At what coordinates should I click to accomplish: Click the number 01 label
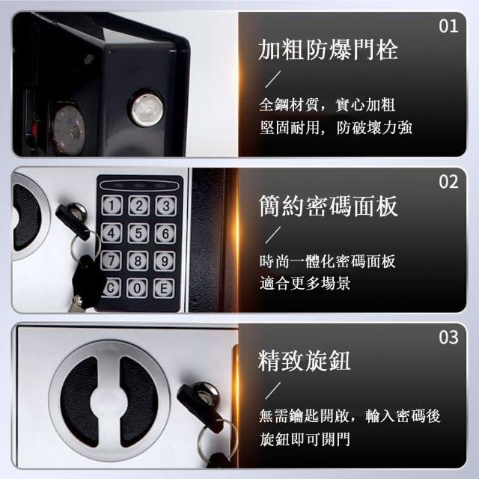[x=448, y=26]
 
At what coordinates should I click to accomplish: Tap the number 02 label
[x=448, y=182]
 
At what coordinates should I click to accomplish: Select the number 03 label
[x=448, y=338]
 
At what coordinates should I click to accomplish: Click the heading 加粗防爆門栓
[x=328, y=50]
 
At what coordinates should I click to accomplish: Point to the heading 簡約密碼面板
[x=328, y=206]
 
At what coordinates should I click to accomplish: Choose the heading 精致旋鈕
[x=305, y=361]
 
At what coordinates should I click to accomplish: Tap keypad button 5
[x=138, y=234]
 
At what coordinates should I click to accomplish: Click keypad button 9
[x=165, y=261]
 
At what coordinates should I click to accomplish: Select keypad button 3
[x=166, y=206]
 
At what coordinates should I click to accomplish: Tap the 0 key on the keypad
[x=137, y=288]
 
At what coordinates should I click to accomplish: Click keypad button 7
[x=111, y=260]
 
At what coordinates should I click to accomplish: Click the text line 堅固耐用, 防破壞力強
[x=336, y=127]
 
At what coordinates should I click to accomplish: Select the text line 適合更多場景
[x=305, y=283]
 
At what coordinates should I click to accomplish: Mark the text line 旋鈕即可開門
[x=305, y=439]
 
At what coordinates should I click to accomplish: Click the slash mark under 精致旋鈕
[x=272, y=391]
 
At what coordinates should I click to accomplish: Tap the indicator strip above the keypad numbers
[x=139, y=186]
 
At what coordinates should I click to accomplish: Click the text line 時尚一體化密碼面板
[x=328, y=261]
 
